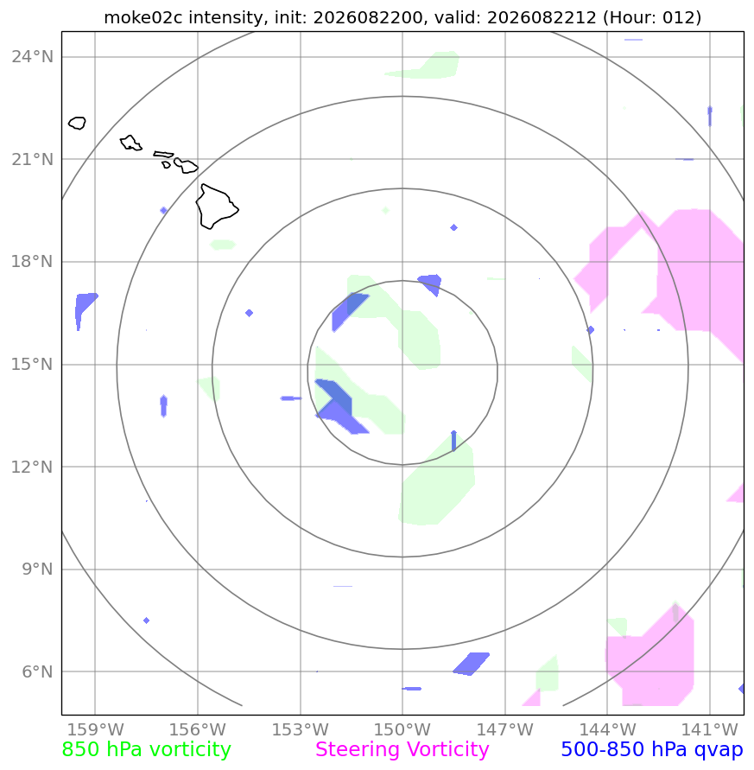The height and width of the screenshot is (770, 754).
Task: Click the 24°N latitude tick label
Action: click(x=33, y=57)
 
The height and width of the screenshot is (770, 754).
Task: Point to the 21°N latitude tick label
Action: click(x=33, y=160)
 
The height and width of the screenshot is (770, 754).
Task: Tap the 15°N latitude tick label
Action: click(x=33, y=365)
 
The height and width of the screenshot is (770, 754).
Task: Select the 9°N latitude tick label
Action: click(x=37, y=570)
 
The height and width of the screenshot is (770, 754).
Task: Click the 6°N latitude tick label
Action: click(x=37, y=671)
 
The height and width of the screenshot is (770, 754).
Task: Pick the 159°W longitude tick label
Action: click(x=95, y=729)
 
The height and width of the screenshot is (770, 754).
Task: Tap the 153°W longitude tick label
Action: click(x=300, y=729)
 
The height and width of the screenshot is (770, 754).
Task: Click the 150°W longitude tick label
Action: click(x=402, y=729)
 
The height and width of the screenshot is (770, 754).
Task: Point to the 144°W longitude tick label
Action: click(x=607, y=729)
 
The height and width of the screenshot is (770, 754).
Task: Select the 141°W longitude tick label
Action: click(x=709, y=729)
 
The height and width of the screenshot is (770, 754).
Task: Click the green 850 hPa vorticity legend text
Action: click(x=146, y=750)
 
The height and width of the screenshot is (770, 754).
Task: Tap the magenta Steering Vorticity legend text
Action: click(x=402, y=750)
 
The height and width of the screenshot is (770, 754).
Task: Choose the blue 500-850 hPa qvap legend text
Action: click(x=652, y=750)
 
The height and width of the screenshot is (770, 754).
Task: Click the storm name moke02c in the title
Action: click(x=143, y=17)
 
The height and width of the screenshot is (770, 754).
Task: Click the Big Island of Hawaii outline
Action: click(x=217, y=207)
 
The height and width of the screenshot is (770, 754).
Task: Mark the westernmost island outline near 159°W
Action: click(x=77, y=123)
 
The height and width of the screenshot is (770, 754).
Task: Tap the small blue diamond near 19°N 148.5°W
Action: click(x=453, y=227)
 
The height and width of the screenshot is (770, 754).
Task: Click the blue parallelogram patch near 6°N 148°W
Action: click(x=472, y=664)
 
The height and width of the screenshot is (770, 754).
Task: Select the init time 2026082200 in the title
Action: click(x=368, y=17)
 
